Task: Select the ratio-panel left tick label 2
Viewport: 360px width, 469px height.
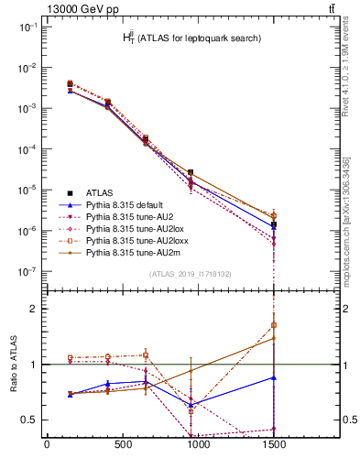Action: pos(34,309)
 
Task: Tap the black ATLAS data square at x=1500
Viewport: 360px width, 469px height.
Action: pos(274,224)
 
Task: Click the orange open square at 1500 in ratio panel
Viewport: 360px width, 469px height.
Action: pos(274,325)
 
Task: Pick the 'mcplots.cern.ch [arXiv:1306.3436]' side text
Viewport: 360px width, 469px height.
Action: pos(347,220)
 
